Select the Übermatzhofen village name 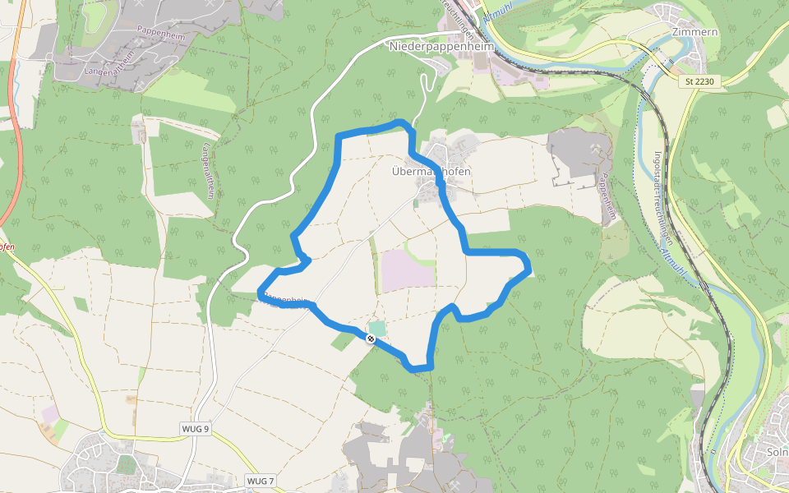click(x=431, y=172)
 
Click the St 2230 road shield click(x=700, y=81)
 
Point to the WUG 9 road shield click(x=196, y=429)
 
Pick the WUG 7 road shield click(x=260, y=480)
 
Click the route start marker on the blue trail click(x=371, y=337)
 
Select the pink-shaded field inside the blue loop click(x=406, y=269)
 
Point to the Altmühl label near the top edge click(x=499, y=16)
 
